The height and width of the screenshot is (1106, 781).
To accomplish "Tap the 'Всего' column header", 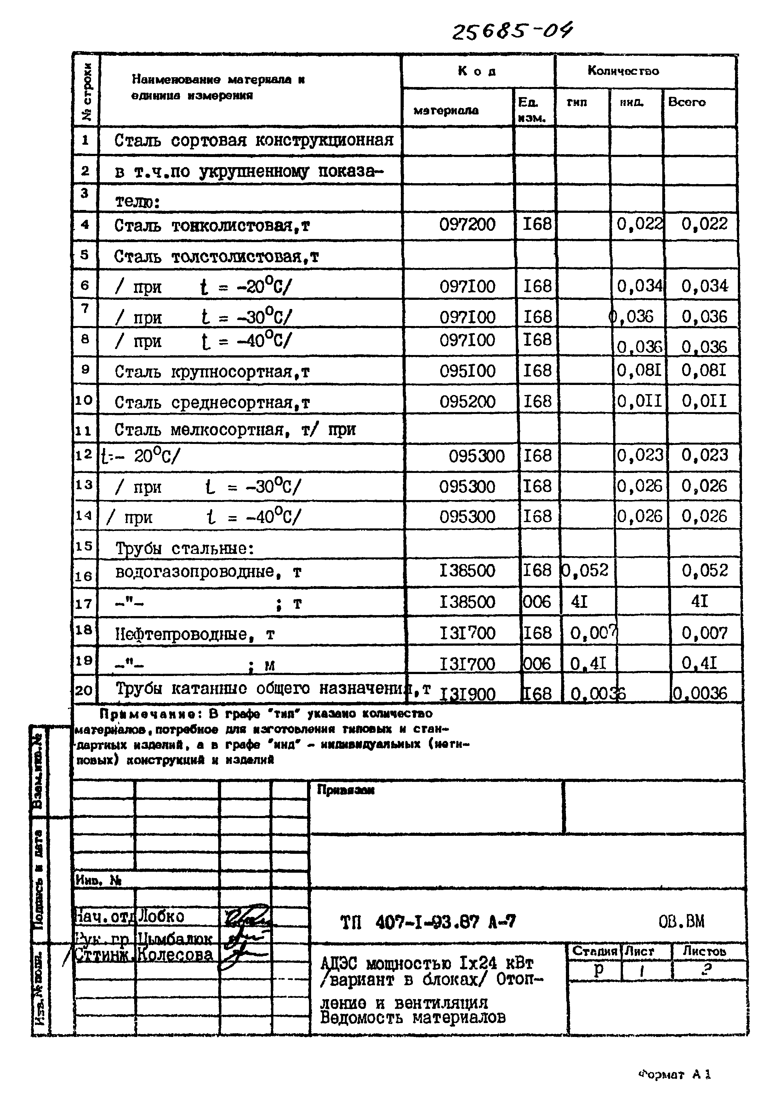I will coord(687,102).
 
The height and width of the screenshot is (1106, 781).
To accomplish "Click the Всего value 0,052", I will coord(704,571).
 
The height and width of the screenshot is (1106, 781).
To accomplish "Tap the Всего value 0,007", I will coord(704,633).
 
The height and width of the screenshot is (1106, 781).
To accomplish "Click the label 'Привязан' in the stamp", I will coord(345,790).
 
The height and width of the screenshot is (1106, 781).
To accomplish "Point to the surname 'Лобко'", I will coord(161,916).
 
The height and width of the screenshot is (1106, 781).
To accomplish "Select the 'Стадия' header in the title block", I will coord(594,952).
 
